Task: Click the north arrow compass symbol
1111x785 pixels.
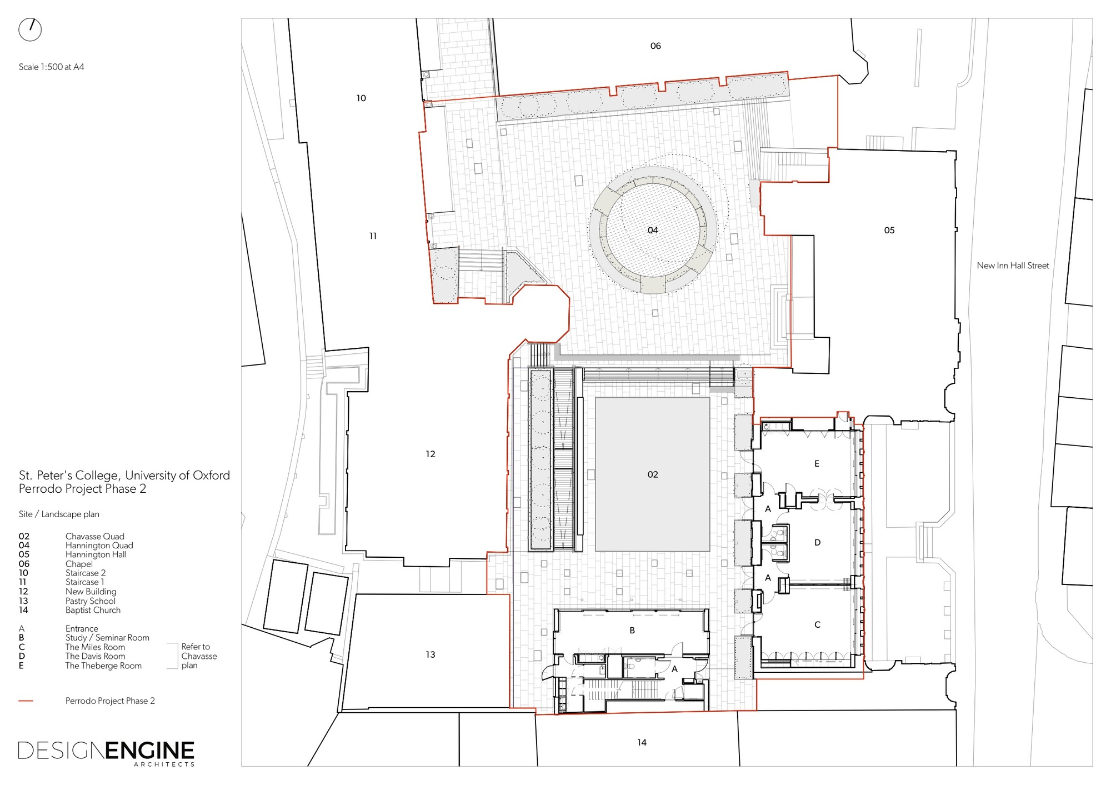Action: click(30, 29)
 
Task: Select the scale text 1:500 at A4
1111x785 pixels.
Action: click(52, 67)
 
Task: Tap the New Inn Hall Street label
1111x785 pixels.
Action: click(1013, 266)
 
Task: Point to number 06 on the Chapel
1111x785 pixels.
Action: click(655, 46)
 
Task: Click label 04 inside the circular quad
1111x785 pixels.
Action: click(653, 230)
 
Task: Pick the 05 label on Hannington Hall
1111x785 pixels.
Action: click(889, 230)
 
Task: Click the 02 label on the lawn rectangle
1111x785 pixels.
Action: click(653, 474)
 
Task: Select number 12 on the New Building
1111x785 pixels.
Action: click(431, 454)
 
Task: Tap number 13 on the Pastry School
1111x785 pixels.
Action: click(431, 654)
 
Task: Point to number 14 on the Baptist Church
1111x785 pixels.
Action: click(642, 742)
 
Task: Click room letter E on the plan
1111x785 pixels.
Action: click(817, 463)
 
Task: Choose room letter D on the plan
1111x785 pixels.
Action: click(817, 542)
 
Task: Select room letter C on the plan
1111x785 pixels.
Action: click(817, 624)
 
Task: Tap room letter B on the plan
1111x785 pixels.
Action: click(632, 631)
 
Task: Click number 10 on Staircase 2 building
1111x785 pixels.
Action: click(361, 98)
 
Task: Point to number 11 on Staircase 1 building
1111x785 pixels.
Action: click(373, 236)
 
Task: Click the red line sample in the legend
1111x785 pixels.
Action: click(26, 701)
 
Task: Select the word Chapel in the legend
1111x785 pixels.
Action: click(79, 564)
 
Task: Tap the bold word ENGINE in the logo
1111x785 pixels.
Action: click(150, 751)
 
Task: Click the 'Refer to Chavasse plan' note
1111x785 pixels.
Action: click(198, 656)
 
